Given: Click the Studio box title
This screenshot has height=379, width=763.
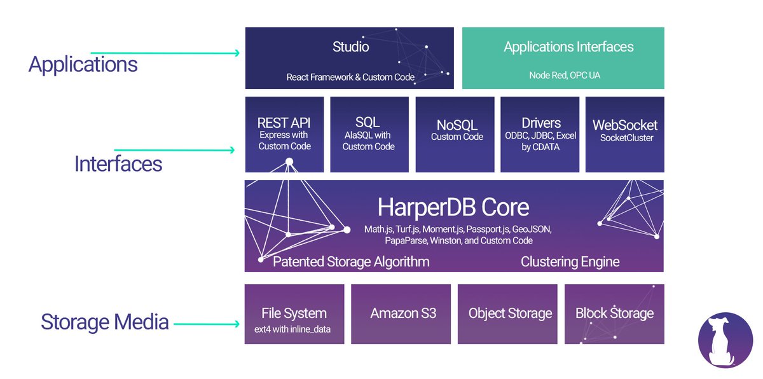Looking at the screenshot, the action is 350,46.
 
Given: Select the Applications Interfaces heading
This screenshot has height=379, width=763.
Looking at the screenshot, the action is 568,47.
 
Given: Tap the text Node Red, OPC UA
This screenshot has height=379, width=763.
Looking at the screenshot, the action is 565,75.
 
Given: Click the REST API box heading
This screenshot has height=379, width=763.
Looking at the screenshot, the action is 284,123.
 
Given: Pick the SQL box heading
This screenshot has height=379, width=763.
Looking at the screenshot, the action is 368,122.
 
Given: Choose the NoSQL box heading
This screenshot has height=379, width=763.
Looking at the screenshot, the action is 457,125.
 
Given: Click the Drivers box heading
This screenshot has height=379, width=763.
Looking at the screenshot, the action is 541,123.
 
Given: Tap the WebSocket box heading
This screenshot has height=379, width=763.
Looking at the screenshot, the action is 624,125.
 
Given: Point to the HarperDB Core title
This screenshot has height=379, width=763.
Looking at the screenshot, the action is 453,207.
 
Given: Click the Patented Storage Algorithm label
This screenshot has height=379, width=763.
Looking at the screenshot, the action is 351,261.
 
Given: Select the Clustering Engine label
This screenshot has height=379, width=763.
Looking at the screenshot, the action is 570,261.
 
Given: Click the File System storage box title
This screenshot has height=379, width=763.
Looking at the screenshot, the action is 294,314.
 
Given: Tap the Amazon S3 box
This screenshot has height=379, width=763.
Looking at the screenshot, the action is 401,314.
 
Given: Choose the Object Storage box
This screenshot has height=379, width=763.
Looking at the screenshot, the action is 507,314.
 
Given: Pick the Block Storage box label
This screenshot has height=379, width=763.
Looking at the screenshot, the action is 614,314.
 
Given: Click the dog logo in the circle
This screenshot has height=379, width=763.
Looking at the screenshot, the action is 725,340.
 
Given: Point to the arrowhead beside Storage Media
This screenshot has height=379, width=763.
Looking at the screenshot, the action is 237,324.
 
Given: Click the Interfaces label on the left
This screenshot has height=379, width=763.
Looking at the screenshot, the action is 118,164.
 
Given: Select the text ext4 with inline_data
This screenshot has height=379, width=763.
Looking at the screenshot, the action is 292,329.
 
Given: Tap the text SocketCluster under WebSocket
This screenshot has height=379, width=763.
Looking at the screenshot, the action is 626,138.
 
